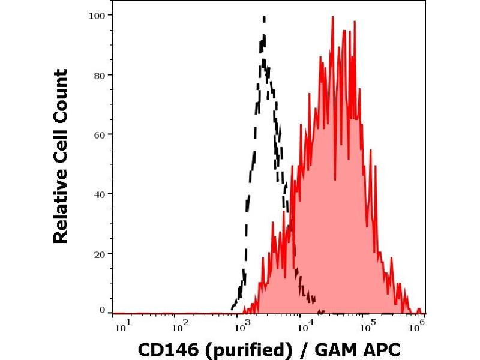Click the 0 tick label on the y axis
[103, 310]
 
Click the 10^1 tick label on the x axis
[119, 327]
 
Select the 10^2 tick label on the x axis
[179, 327]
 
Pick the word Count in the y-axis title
[61, 95]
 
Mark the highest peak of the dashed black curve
[263, 17]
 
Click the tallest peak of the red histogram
[332, 17]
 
